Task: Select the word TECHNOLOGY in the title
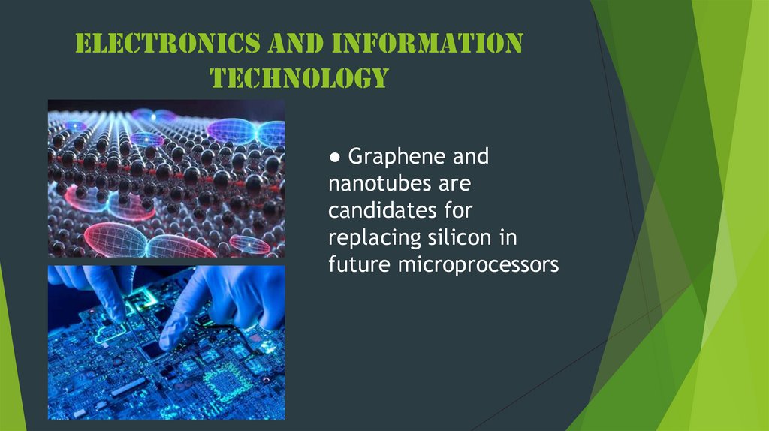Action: (x=299, y=77)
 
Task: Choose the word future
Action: (x=353, y=264)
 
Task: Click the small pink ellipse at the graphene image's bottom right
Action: (x=249, y=244)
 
